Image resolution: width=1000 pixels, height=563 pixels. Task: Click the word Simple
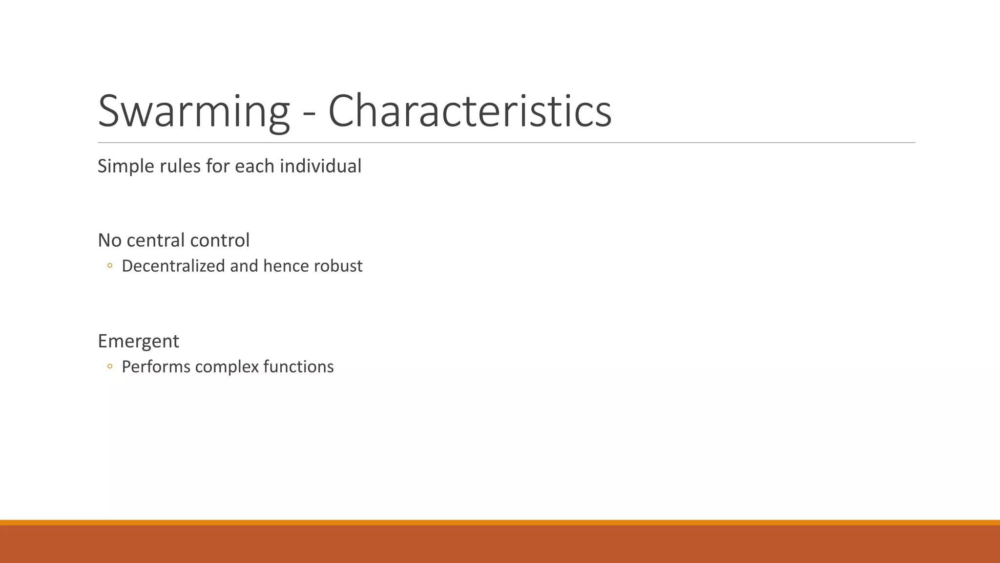(125, 167)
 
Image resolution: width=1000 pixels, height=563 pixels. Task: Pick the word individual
(320, 166)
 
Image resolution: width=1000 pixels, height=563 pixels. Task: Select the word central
(156, 240)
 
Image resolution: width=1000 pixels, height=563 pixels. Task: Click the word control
(220, 240)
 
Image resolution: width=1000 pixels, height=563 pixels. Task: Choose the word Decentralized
(173, 266)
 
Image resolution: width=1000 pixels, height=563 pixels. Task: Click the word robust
(338, 266)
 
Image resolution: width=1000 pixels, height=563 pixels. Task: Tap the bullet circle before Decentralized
(110, 266)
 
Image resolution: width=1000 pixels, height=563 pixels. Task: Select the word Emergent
(138, 342)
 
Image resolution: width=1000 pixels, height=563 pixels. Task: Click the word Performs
(156, 367)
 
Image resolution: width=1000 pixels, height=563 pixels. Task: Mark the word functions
(298, 367)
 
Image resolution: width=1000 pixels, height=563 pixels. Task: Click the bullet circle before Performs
(110, 367)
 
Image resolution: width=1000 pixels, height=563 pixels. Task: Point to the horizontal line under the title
(506, 143)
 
